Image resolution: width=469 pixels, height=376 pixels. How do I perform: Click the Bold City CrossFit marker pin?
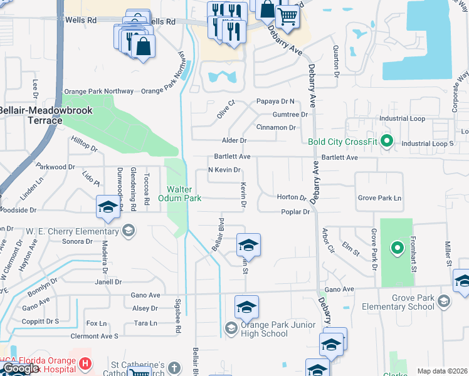[x=386, y=141]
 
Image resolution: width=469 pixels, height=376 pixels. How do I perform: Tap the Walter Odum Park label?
[x=183, y=194]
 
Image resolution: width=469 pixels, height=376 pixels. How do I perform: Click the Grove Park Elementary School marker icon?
[x=443, y=302]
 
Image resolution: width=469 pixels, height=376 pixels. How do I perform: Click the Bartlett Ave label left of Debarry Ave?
[x=232, y=156]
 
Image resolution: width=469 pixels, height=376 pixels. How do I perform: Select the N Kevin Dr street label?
[x=224, y=170]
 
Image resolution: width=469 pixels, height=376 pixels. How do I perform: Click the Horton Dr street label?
[x=292, y=197]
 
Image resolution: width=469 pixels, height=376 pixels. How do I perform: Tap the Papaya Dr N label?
[x=275, y=101]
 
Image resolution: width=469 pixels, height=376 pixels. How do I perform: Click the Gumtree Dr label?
[x=290, y=115]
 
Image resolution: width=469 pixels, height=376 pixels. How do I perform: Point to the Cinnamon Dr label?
[x=277, y=127]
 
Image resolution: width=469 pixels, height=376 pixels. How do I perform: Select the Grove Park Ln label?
[x=379, y=198]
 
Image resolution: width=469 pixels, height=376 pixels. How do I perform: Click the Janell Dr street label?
[x=109, y=282]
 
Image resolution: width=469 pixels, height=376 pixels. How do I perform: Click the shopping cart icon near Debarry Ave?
[x=287, y=17]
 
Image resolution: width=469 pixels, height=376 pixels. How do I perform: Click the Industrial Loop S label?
[x=428, y=144]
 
